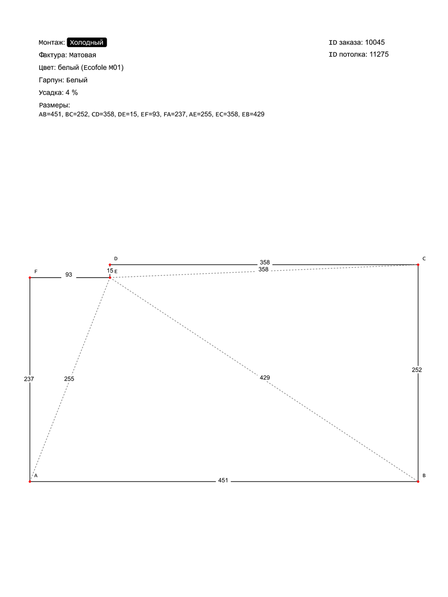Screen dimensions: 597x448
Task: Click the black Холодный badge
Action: pyautogui.click(x=87, y=43)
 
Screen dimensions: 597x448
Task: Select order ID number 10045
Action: pyautogui.click(x=375, y=43)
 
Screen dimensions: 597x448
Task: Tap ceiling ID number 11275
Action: pyautogui.click(x=379, y=55)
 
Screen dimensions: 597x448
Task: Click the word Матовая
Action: pyautogui.click(x=82, y=55)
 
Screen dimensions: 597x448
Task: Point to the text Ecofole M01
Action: pyautogui.click(x=102, y=68)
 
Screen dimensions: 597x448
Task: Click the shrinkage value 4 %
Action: pyautogui.click(x=72, y=93)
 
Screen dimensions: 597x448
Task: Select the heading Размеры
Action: pyautogui.click(x=54, y=105)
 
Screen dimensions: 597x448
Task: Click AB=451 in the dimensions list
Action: pyautogui.click(x=50, y=114)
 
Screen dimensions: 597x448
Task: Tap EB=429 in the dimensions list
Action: pyautogui.click(x=253, y=114)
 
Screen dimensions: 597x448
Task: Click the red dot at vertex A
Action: pyautogui.click(x=30, y=481)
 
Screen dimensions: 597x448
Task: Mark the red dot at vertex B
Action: pyautogui.click(x=418, y=481)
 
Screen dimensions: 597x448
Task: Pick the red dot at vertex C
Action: pyautogui.click(x=418, y=265)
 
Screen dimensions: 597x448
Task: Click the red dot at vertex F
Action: pyautogui.click(x=30, y=278)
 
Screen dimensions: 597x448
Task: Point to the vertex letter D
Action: pyautogui.click(x=116, y=259)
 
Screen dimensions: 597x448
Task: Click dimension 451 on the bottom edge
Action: pyautogui.click(x=223, y=481)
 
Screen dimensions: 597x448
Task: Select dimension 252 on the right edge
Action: pyautogui.click(x=417, y=370)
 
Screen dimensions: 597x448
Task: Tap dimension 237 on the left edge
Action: pyautogui.click(x=29, y=379)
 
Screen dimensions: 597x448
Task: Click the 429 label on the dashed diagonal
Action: pyautogui.click(x=265, y=378)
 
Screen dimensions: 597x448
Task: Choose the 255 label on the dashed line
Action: pyautogui.click(x=69, y=379)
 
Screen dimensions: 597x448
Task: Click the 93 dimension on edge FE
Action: pyautogui.click(x=69, y=275)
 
